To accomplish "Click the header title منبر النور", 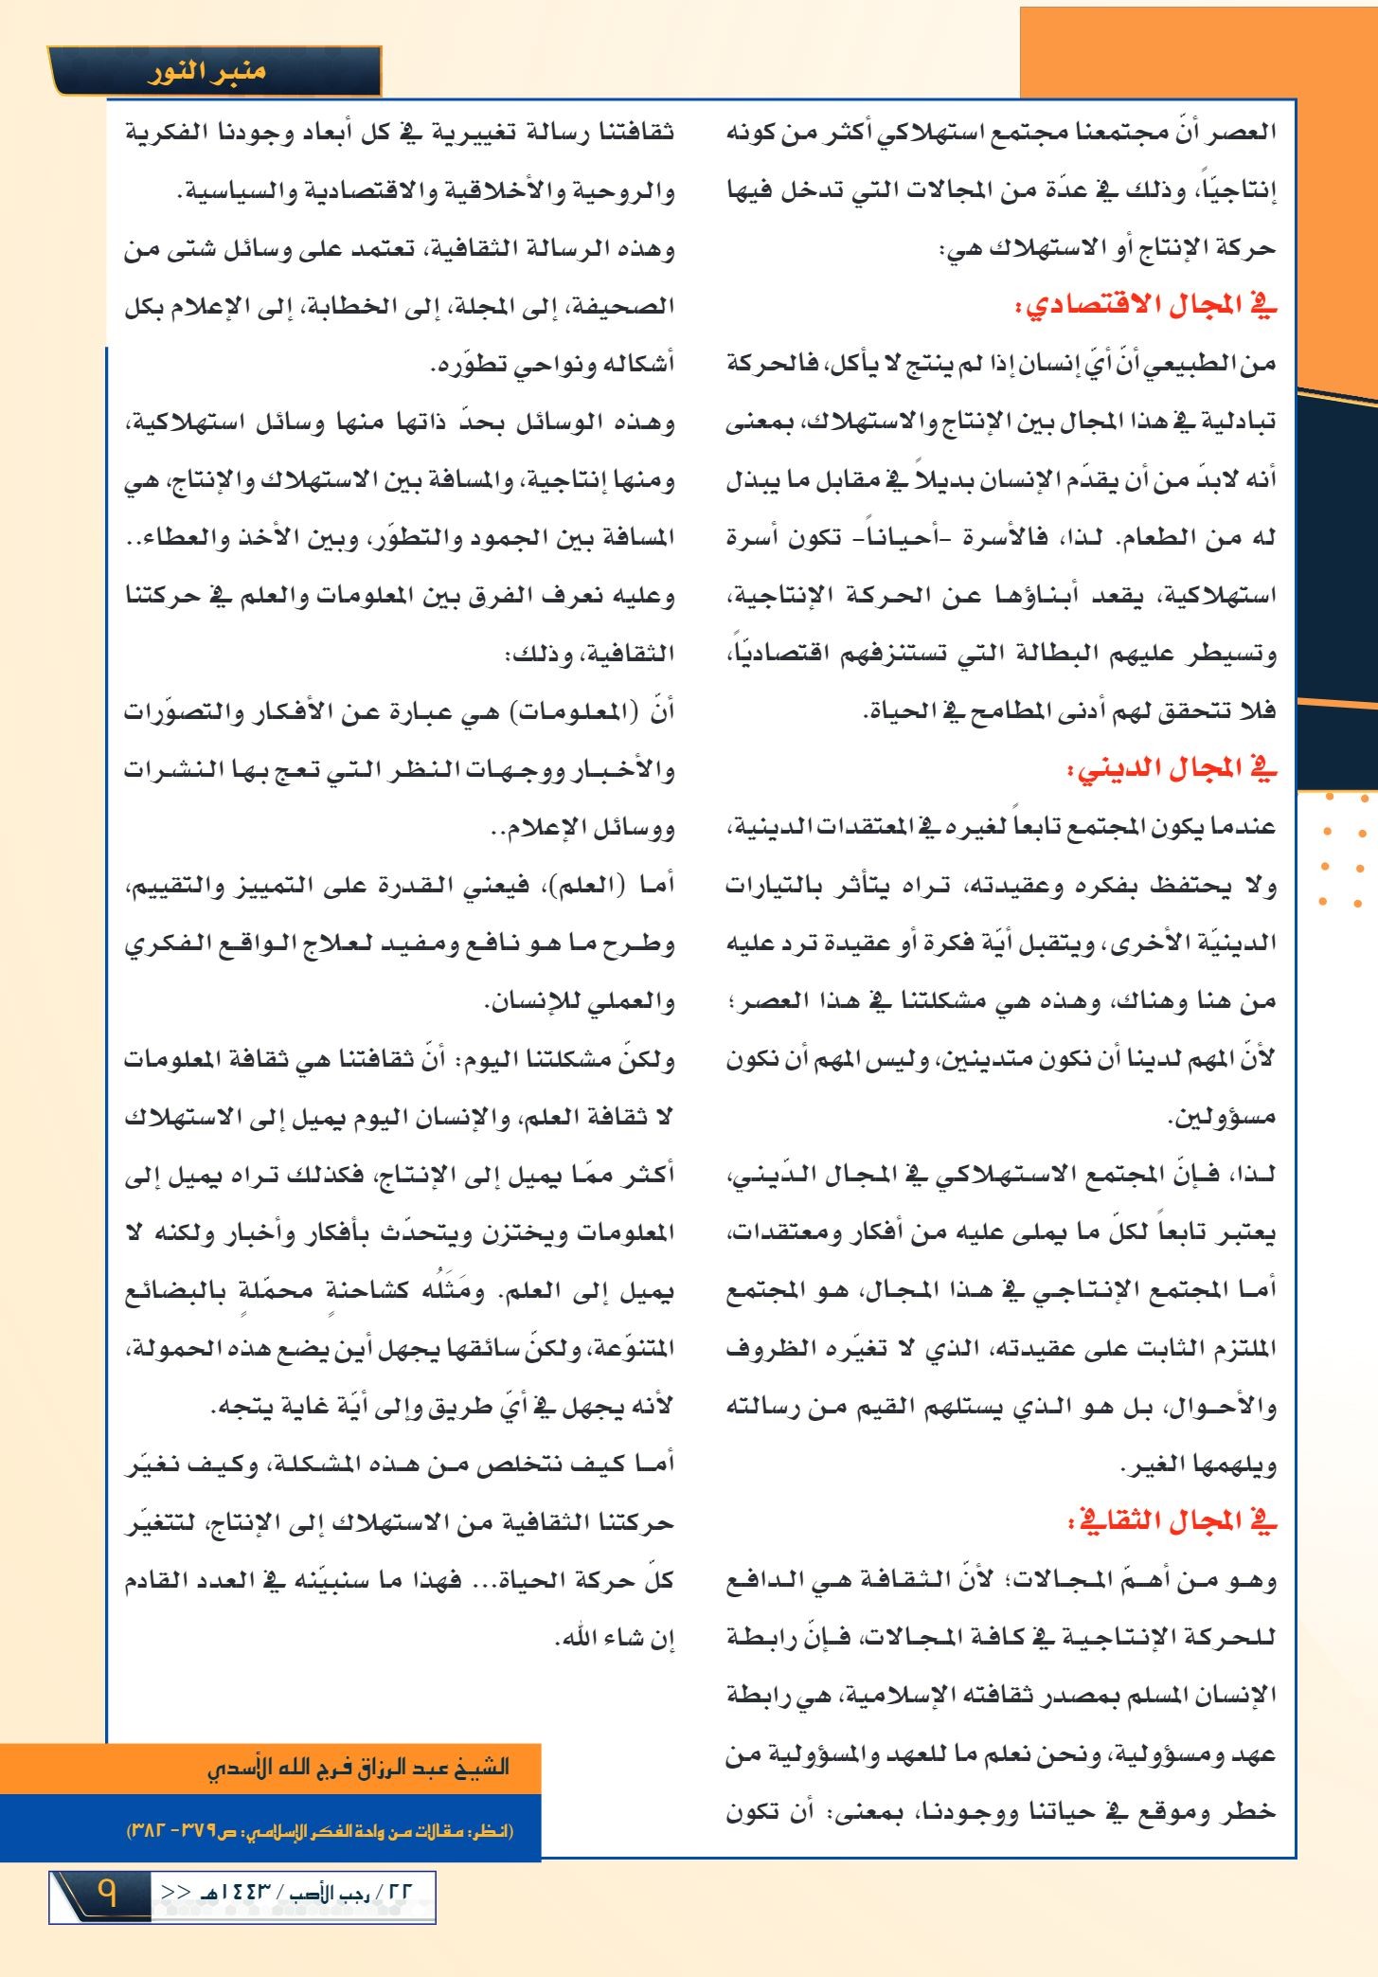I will pyautogui.click(x=206, y=72).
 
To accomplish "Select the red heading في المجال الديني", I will pyautogui.click(x=1172, y=769).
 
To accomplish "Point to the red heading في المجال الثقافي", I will pyautogui.click(x=1172, y=1522).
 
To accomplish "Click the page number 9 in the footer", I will pyautogui.click(x=106, y=1895).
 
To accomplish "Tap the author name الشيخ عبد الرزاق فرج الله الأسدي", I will pyautogui.click(x=358, y=1768).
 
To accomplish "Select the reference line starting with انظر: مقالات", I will pyautogui.click(x=320, y=1831).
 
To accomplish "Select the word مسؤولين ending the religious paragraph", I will pyautogui.click(x=1222, y=1118).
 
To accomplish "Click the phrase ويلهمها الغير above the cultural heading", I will pyautogui.click(x=1198, y=1465).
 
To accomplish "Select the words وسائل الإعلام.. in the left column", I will pyautogui.click(x=582, y=828).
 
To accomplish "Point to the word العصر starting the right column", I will pyautogui.click(x=1239, y=132).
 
